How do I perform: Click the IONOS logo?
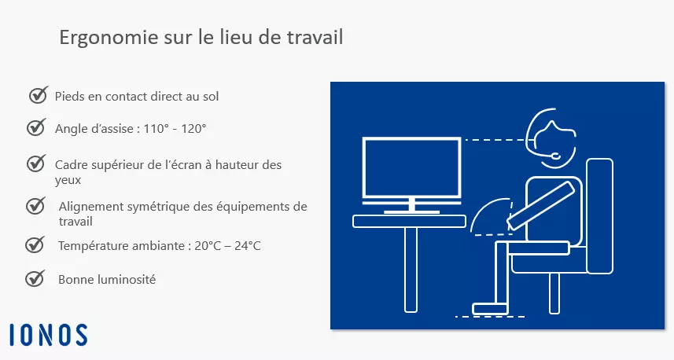click(x=49, y=334)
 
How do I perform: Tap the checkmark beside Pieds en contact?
click(x=38, y=95)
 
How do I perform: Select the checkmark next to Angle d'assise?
click(x=36, y=127)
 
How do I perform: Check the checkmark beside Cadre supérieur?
click(x=36, y=163)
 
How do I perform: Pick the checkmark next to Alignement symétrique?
click(x=36, y=206)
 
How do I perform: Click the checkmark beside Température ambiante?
click(x=35, y=244)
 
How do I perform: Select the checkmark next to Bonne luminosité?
click(x=35, y=278)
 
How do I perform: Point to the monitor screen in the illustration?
click(x=411, y=167)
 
